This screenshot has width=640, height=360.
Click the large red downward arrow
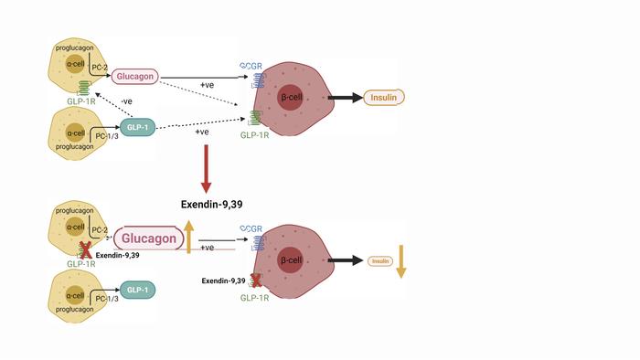207,168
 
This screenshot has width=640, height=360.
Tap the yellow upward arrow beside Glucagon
188,237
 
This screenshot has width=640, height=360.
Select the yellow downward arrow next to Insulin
400,261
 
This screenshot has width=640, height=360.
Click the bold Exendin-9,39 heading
218,205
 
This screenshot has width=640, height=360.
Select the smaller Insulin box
380,261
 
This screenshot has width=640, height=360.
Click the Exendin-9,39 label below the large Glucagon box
117,256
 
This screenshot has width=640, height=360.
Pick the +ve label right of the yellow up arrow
208,248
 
